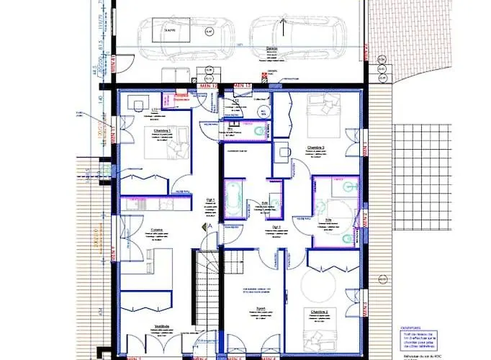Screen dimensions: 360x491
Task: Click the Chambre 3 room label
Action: [x=316, y=148]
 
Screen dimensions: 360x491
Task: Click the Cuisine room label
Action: [x=156, y=230]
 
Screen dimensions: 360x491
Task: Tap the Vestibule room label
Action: [x=161, y=325]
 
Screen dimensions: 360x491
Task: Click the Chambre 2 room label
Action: [x=320, y=311]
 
